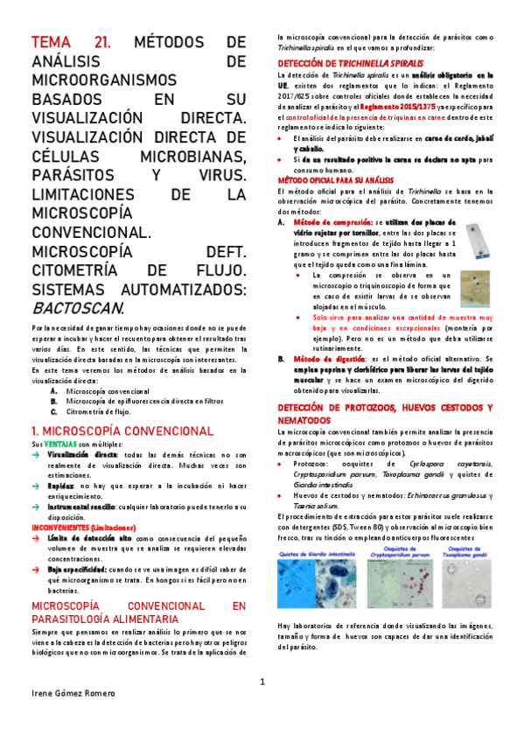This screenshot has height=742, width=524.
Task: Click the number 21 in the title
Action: click(x=102, y=43)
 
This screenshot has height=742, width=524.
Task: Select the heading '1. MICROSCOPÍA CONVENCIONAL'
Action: click(x=122, y=431)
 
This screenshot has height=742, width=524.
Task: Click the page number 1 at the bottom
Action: click(x=262, y=682)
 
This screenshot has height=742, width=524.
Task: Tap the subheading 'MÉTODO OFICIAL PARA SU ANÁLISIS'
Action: click(x=333, y=178)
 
